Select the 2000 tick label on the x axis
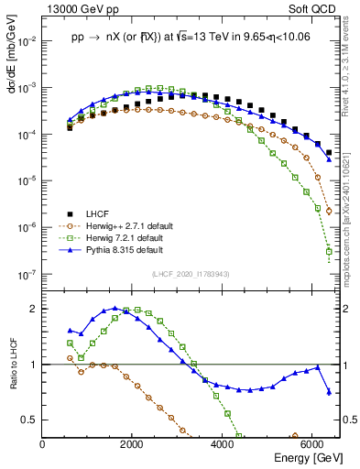click(x=132, y=444)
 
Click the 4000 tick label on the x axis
click(x=223, y=444)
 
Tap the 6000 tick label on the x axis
click(x=312, y=444)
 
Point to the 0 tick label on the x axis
click(x=42, y=444)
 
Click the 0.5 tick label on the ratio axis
click(x=28, y=420)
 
